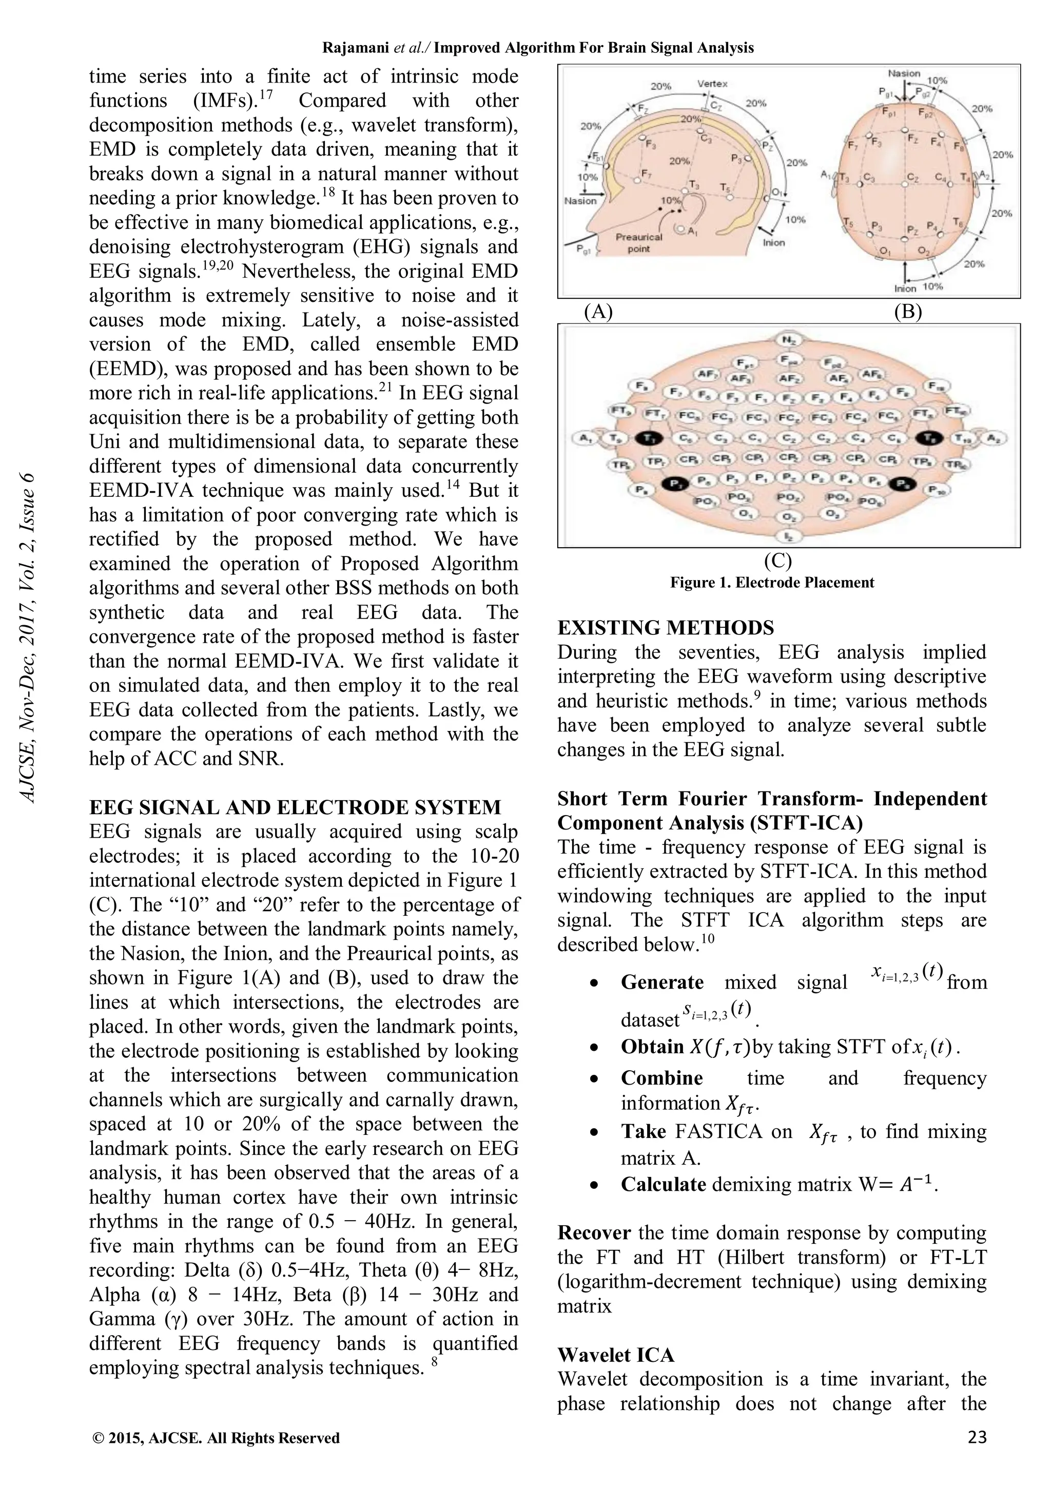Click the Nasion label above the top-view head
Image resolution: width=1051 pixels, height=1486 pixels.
[904, 73]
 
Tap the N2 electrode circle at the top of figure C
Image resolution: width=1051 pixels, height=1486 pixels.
[789, 340]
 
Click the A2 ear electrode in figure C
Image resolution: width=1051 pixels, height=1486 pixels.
[994, 438]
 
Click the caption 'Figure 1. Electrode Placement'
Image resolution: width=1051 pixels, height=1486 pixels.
[771, 583]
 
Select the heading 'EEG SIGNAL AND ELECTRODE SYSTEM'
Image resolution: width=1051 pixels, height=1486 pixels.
[295, 807]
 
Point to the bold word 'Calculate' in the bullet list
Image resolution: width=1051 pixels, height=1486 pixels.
[663, 1184]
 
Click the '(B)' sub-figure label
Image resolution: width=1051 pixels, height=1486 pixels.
[907, 312]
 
